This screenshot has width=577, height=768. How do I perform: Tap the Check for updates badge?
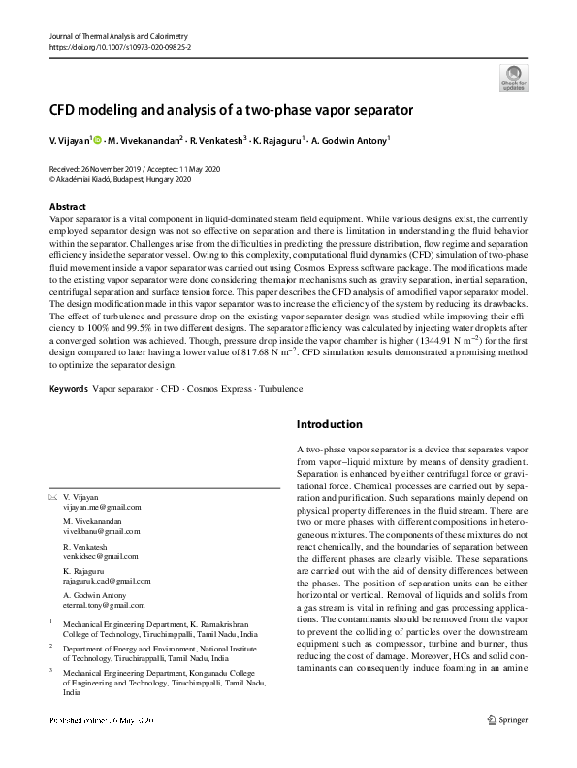tap(511, 78)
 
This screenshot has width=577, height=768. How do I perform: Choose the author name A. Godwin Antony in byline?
tap(349, 141)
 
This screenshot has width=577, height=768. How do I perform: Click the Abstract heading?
tap(68, 207)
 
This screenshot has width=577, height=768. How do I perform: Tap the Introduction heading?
tap(329, 424)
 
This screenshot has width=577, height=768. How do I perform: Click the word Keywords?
tap(68, 389)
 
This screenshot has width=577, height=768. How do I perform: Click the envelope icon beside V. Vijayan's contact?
tap(53, 497)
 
